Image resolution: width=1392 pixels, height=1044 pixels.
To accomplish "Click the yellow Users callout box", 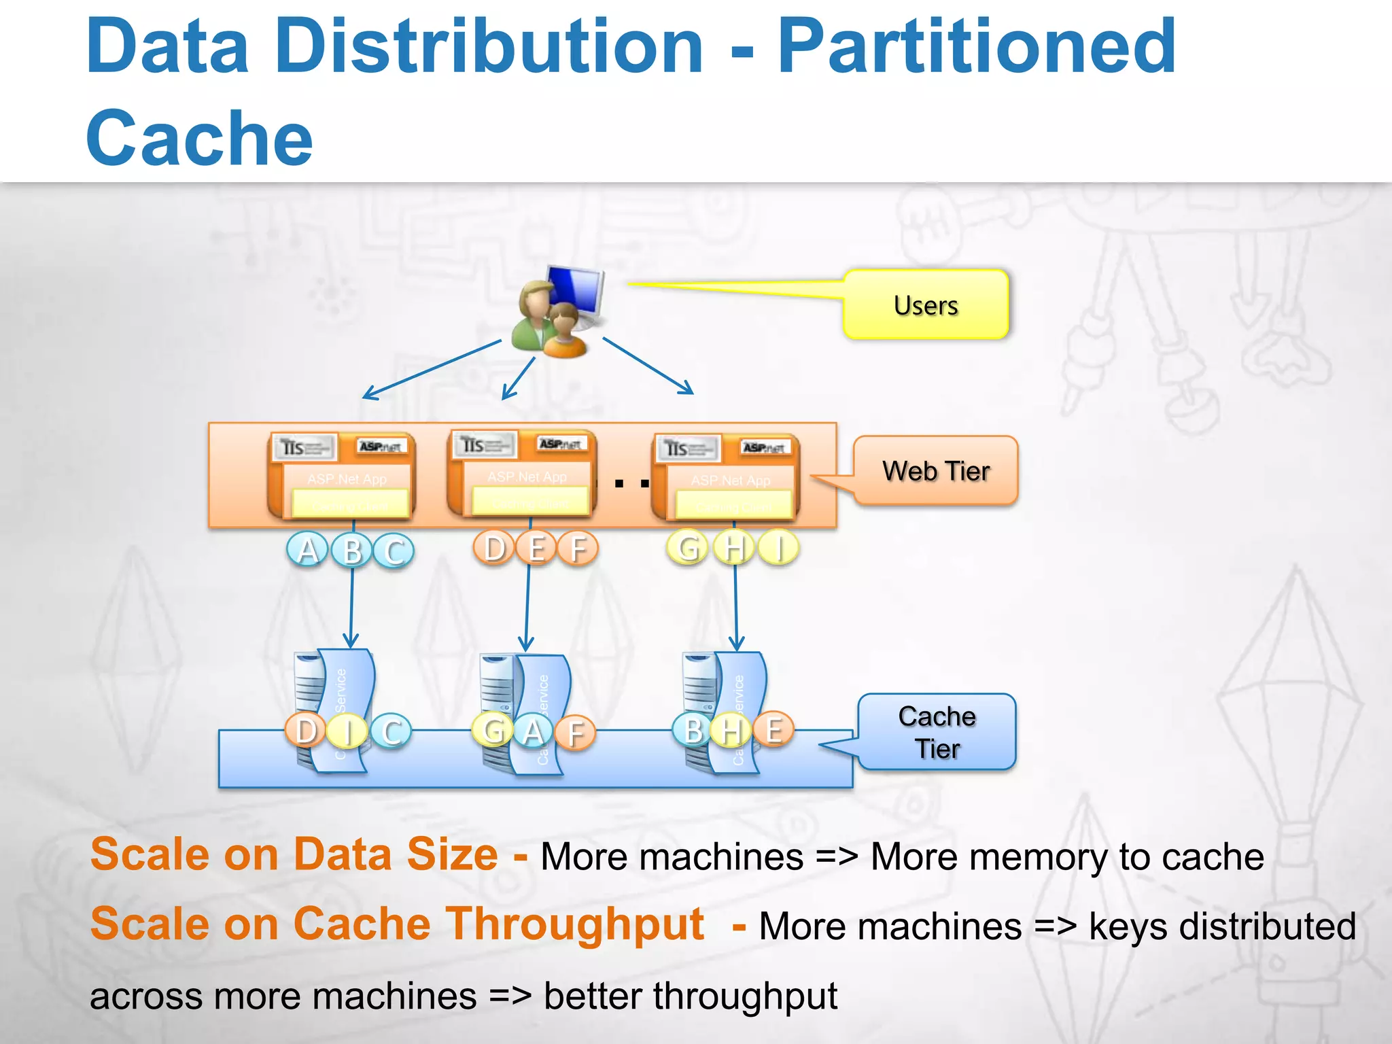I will point(926,304).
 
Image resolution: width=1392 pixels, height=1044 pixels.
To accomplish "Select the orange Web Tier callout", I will point(935,470).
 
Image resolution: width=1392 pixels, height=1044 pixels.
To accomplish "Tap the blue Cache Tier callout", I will point(937,732).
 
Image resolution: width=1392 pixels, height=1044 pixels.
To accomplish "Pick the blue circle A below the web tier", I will point(307,550).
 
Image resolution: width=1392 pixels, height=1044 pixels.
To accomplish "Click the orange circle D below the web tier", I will point(494,548).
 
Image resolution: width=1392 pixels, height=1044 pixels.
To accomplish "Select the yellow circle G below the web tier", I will point(688,548).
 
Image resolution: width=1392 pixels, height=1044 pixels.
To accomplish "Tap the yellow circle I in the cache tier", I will point(347,731).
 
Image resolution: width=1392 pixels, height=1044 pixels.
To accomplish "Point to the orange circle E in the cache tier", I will point(773,730).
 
